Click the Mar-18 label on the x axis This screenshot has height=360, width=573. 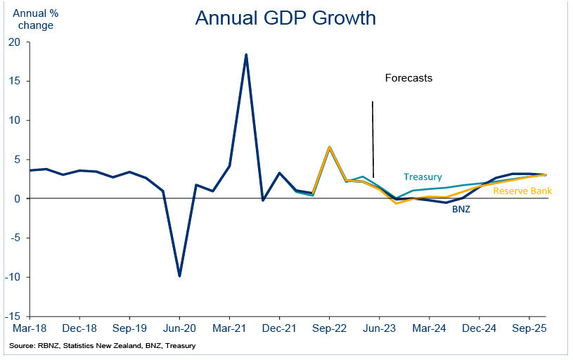[30, 328]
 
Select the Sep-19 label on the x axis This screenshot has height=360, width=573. [129, 328]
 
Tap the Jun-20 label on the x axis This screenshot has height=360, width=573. [179, 328]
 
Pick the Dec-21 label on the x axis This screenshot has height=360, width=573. [279, 328]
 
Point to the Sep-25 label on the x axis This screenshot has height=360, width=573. [528, 328]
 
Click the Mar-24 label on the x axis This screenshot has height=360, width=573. [428, 328]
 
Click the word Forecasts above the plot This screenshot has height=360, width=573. [408, 78]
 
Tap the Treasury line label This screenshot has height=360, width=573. [423, 176]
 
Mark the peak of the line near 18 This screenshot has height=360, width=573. [246, 54]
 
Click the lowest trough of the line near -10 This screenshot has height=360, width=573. [179, 276]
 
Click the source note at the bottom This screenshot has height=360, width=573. [103, 346]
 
